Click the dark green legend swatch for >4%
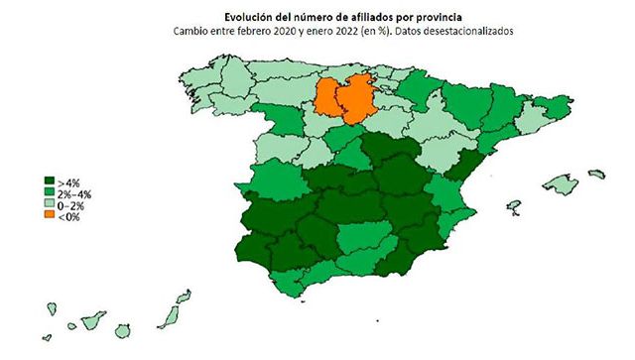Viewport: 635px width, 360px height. [50, 182]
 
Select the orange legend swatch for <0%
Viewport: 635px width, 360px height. [50, 215]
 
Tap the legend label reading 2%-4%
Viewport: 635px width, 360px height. [75, 193]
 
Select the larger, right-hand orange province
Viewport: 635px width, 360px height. [357, 99]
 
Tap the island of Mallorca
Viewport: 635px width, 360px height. [559, 185]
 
